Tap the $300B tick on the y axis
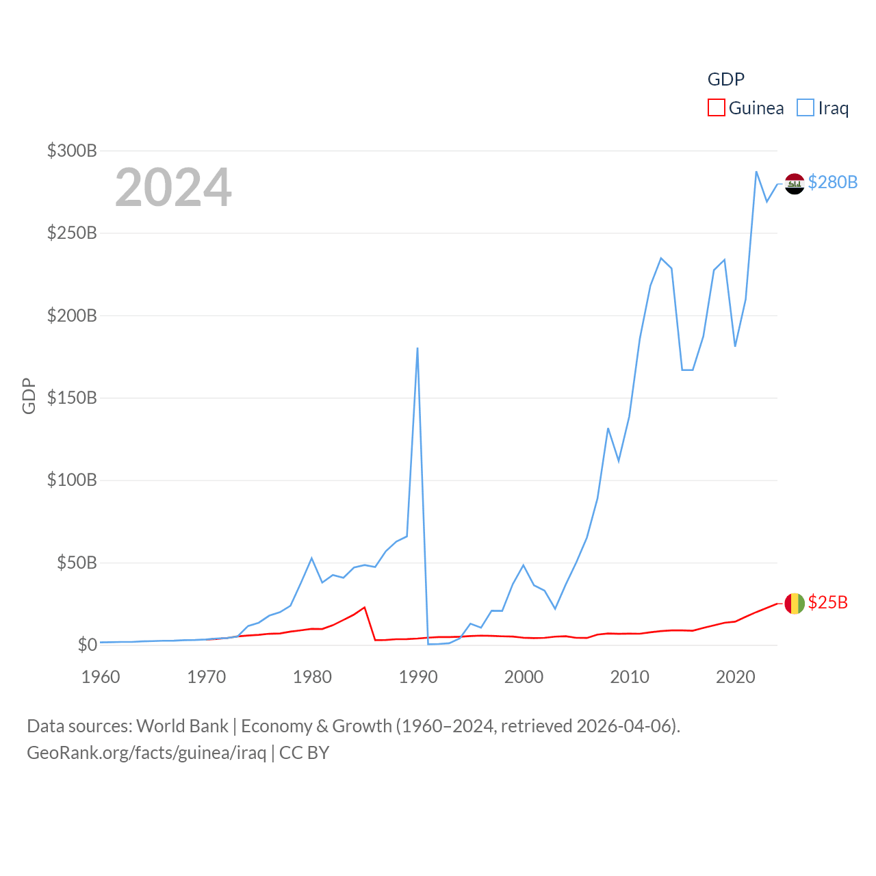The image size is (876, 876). [x=72, y=151]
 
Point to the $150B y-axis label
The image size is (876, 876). [x=72, y=398]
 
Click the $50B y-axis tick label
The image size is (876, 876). [x=77, y=563]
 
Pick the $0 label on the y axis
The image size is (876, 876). [x=87, y=645]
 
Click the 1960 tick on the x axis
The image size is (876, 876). [x=101, y=677]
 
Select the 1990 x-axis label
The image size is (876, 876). [x=418, y=677]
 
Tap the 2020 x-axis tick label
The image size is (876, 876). [x=735, y=677]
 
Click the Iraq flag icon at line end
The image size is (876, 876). [x=795, y=183]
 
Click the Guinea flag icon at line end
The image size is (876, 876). [x=795, y=603]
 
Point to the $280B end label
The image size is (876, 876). [x=832, y=182]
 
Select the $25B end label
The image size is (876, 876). [x=827, y=602]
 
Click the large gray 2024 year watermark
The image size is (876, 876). [x=173, y=188]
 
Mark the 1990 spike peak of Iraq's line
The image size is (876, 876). [x=417, y=348]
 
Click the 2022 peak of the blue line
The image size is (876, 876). [x=756, y=172]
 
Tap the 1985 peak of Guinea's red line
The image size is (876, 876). [x=365, y=607]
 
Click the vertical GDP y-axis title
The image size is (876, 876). [x=29, y=396]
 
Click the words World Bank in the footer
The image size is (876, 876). [x=182, y=725]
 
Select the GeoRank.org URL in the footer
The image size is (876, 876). [x=146, y=753]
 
